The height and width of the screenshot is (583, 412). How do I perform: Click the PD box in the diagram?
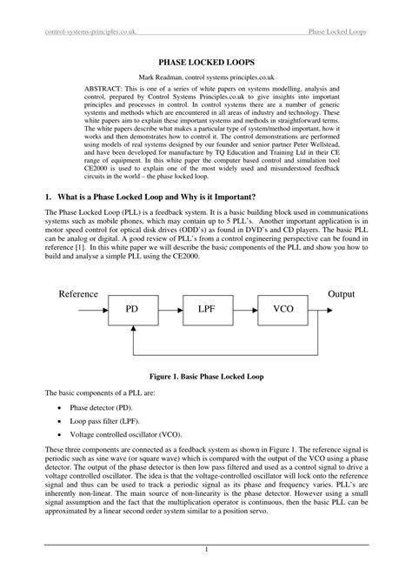click(132, 309)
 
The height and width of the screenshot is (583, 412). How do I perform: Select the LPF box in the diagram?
click(206, 309)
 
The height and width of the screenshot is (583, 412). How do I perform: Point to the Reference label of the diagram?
click(78, 294)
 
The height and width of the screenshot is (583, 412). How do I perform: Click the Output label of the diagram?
click(341, 294)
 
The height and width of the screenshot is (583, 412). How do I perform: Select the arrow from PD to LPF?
click(169, 309)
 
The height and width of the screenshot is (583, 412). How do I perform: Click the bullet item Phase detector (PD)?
click(102, 406)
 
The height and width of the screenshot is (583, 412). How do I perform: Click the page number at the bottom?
click(206, 549)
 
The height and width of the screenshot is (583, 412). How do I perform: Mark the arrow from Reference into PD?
click(97, 309)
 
